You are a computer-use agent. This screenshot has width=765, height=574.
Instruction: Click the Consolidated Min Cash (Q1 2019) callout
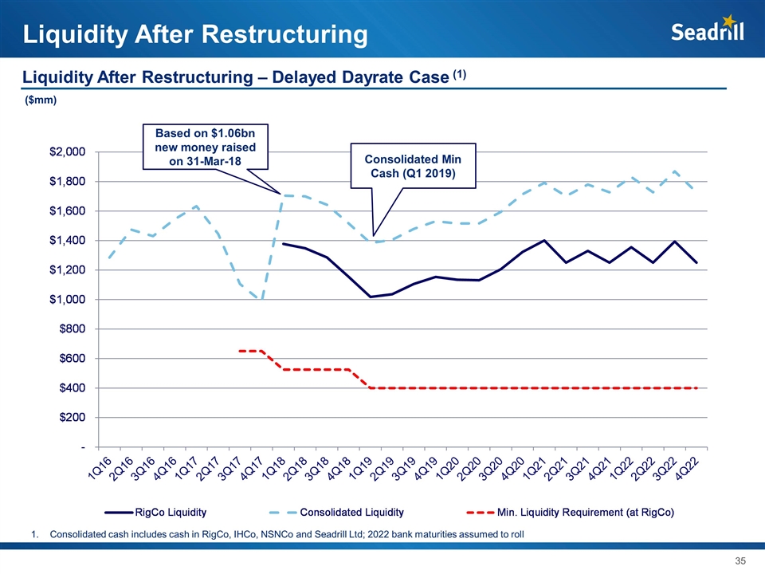coord(414,167)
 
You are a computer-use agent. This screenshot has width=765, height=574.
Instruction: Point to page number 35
coord(740,560)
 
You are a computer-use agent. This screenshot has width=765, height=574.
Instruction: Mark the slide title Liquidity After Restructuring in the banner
coord(195,34)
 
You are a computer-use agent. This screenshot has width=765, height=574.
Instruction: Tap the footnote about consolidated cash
coord(286,533)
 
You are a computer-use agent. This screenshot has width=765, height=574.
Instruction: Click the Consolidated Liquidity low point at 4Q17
coord(261,299)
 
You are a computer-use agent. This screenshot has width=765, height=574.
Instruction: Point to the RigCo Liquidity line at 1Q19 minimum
coord(371,297)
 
